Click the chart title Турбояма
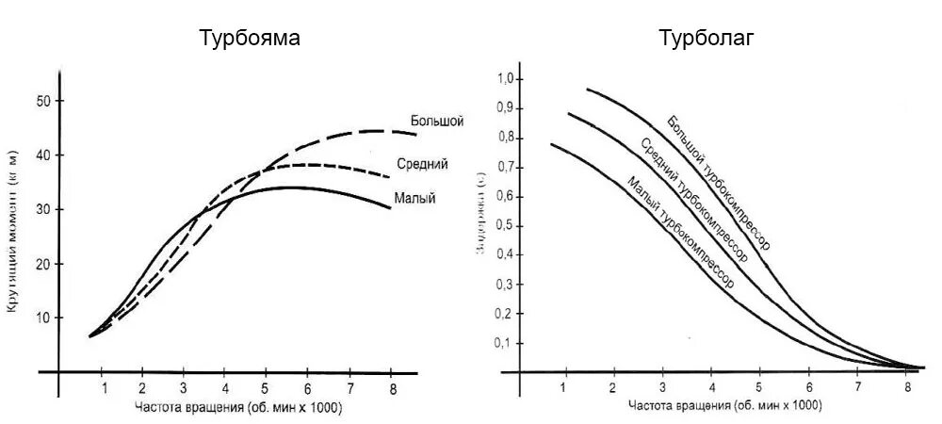pos(250,39)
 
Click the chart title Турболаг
pos(706,39)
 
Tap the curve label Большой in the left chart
pos(437,121)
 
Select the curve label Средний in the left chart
pos(423,164)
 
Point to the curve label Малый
pos(414,199)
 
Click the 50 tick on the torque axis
pos(41,101)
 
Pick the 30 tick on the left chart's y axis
pos(41,209)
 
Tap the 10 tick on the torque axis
pos(41,318)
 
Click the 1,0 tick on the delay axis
pos(507,78)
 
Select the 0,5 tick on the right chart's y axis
pos(507,224)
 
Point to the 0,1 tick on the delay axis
pos(507,342)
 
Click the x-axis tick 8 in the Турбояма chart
pos(391,387)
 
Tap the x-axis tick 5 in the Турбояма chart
pos(267,387)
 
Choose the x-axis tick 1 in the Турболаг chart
pos(564,387)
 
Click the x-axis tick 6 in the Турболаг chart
pos(808,387)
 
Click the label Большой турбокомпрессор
pos(718,183)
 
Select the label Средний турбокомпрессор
pos(694,201)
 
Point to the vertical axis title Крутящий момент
pos(13,232)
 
